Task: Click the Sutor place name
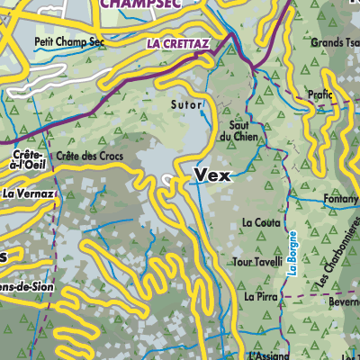click(x=184, y=104)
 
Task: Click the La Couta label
click(x=260, y=221)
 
